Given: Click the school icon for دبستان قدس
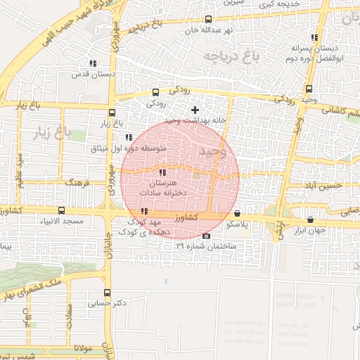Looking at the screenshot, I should (94, 63).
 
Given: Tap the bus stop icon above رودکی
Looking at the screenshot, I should (155, 92).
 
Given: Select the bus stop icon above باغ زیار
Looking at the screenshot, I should (112, 112).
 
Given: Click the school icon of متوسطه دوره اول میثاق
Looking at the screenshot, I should (127, 138).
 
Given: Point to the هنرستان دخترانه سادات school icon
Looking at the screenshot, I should (162, 172).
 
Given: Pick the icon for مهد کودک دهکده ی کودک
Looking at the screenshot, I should (144, 211).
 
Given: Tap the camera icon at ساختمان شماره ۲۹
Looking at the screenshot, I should (205, 236).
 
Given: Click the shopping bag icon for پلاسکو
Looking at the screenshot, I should (237, 213).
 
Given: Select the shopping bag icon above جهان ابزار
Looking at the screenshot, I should (311, 219).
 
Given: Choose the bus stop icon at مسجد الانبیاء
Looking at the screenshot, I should (61, 210).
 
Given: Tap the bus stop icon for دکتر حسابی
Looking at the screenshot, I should (107, 292).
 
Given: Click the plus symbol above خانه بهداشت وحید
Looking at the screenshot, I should (195, 110).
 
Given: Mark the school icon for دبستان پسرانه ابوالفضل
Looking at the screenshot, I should (314, 37).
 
